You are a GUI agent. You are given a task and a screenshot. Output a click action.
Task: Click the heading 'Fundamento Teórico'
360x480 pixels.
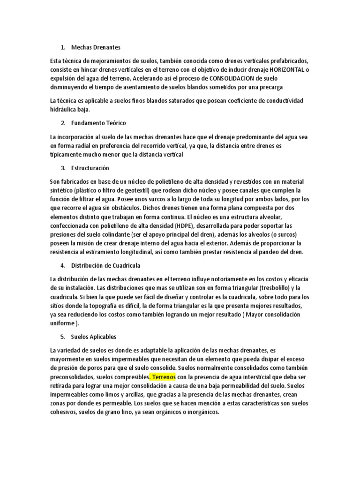[98, 123]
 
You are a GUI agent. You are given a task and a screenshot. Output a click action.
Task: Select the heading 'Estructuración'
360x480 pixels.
[90, 168]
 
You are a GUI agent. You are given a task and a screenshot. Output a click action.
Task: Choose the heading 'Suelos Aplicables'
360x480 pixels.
[93, 337]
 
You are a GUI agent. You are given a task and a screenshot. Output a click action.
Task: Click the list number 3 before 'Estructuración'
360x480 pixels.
[63, 168]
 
